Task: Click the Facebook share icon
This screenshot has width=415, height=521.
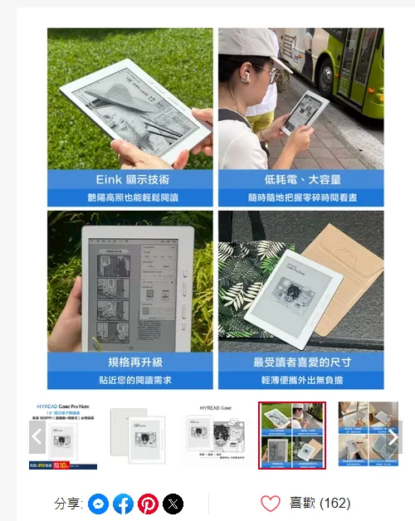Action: tap(123, 504)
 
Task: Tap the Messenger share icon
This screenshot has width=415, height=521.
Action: tap(98, 504)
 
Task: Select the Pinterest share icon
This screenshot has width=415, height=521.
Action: tap(148, 504)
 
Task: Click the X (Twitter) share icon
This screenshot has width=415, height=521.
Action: tap(173, 504)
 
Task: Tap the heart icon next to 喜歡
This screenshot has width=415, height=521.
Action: tap(271, 504)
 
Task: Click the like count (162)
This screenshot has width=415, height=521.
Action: tap(334, 504)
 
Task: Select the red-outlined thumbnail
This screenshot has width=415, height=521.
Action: tap(291, 436)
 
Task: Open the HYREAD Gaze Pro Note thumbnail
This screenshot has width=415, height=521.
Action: tap(65, 436)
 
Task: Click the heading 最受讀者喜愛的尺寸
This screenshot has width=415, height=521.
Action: tap(301, 363)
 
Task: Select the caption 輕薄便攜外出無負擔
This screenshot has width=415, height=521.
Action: tap(301, 380)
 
